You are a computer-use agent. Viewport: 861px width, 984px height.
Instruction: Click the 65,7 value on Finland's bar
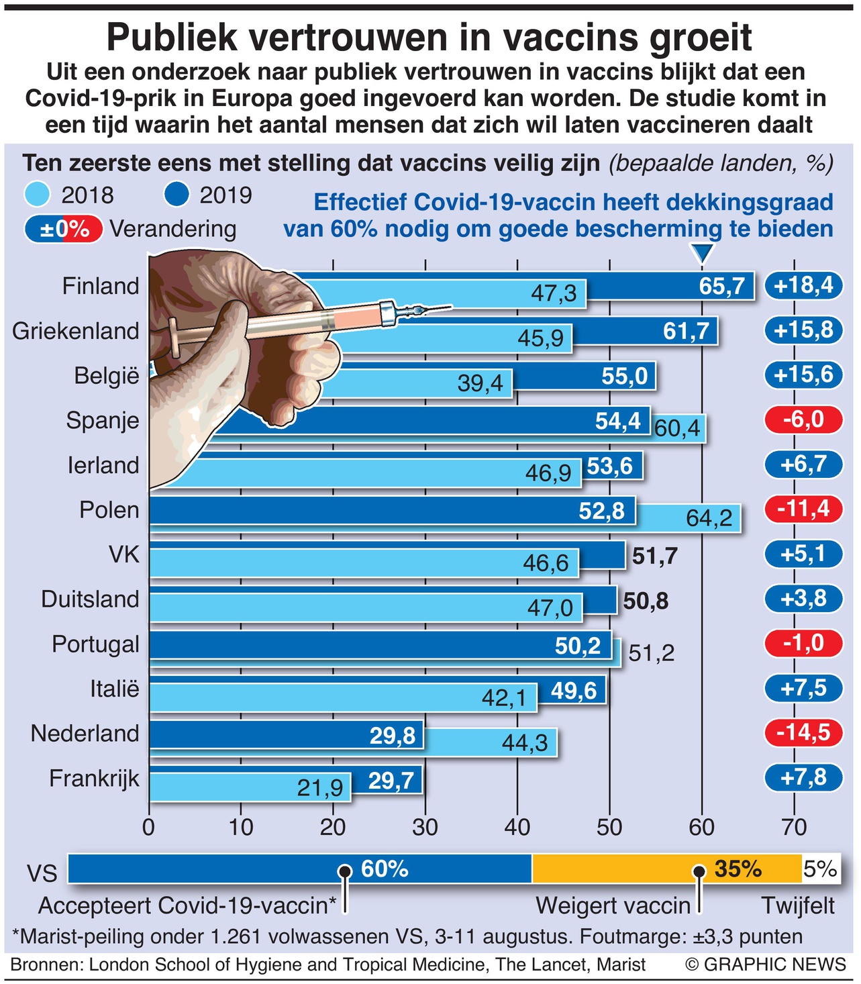point(721,287)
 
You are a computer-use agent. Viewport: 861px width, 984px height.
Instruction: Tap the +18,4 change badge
point(803,285)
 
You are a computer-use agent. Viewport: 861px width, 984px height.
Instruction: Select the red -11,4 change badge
point(803,509)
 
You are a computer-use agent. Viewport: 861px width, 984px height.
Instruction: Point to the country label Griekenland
point(76,331)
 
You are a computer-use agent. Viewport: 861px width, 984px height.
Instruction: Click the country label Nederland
point(85,733)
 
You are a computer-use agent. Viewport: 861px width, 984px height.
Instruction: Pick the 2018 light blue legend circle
point(37,195)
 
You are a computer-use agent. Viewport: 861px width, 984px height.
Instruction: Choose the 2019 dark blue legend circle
point(176,195)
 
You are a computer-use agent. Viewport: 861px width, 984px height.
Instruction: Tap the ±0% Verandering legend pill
point(64,230)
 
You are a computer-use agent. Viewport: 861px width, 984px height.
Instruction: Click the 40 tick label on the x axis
point(517,827)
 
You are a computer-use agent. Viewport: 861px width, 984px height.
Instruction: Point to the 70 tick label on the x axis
point(794,827)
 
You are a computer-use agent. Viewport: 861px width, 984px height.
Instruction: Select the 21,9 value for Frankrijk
point(320,787)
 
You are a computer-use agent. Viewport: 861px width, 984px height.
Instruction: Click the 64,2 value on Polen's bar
point(709,518)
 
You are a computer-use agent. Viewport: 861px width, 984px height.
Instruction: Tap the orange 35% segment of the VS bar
point(666,869)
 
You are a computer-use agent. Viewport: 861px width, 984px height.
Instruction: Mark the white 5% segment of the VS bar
point(820,869)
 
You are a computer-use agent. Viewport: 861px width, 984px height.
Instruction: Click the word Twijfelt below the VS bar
point(798,905)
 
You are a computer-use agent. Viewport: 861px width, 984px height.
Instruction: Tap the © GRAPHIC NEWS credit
point(766,965)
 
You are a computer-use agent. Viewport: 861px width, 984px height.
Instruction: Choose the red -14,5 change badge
point(803,732)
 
